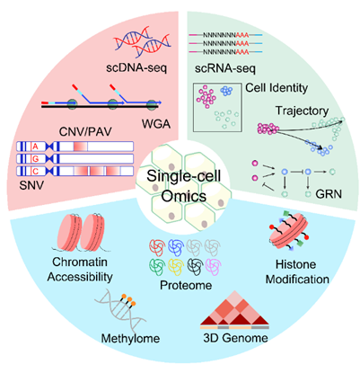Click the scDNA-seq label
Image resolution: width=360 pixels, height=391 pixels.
pyautogui.click(x=136, y=68)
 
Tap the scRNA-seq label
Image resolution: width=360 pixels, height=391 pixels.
pyautogui.click(x=225, y=69)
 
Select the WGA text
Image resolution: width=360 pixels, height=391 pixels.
pyautogui.click(x=156, y=124)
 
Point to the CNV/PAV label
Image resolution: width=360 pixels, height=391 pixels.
pyautogui.click(x=85, y=131)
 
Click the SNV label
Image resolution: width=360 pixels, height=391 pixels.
pyautogui.click(x=31, y=185)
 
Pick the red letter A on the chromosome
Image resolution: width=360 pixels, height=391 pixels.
pyautogui.click(x=35, y=147)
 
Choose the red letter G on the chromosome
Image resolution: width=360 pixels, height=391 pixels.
pyautogui.click(x=35, y=159)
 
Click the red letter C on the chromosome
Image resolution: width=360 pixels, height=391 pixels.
pyautogui.click(x=35, y=171)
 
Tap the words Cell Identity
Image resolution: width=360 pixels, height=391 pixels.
pyautogui.click(x=277, y=88)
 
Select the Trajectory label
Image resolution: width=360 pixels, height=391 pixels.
pyautogui.click(x=302, y=111)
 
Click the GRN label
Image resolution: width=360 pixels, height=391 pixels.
pyautogui.click(x=329, y=194)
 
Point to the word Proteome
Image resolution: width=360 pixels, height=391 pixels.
pyautogui.click(x=186, y=285)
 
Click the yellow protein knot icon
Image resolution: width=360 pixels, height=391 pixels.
pyautogui.click(x=175, y=267)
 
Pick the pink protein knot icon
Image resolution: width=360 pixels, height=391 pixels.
pyautogui.click(x=214, y=267)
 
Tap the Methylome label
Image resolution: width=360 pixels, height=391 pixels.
pyautogui.click(x=130, y=339)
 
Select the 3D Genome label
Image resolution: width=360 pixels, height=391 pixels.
pyautogui.click(x=235, y=338)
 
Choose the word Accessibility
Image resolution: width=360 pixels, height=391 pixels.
pyautogui.click(x=80, y=277)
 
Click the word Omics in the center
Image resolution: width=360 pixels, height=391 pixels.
pyautogui.click(x=184, y=197)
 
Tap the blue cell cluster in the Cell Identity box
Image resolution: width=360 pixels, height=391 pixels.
pyautogui.click(x=226, y=91)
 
